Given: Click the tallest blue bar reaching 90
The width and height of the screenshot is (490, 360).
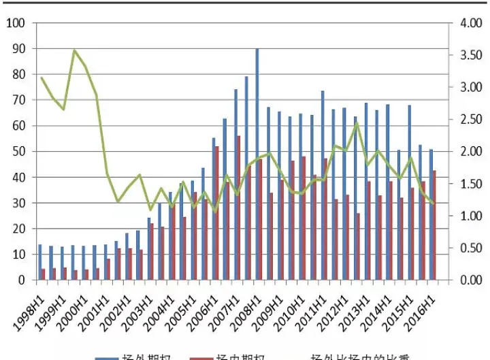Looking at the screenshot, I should tap(257, 163).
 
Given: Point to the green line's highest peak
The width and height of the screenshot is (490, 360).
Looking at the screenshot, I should tap(74, 50).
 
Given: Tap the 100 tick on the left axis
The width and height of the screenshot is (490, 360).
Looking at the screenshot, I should tap(15, 23).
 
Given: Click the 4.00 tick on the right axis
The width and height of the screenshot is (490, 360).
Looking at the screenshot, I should tap(470, 23).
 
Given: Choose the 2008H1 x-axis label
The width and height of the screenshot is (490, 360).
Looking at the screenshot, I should tap(246, 305).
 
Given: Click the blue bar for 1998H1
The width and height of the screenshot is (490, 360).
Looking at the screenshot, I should tap(39, 262).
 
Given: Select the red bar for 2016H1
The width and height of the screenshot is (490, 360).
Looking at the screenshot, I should tap(435, 225).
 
